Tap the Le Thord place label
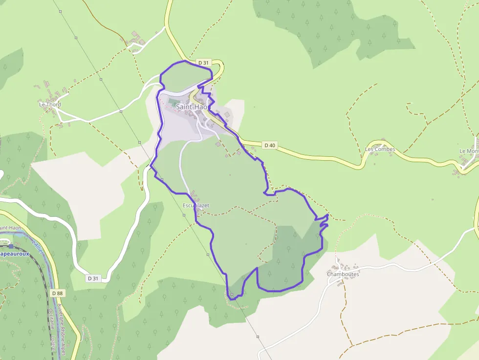50,105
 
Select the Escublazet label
196,206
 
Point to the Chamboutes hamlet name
343,274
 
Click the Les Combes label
380,149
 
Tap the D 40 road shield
270,145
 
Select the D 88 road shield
57,293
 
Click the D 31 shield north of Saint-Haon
203,63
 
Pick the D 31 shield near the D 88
92,278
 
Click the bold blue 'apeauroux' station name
15,254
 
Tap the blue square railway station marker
11,246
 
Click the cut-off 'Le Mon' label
469,151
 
